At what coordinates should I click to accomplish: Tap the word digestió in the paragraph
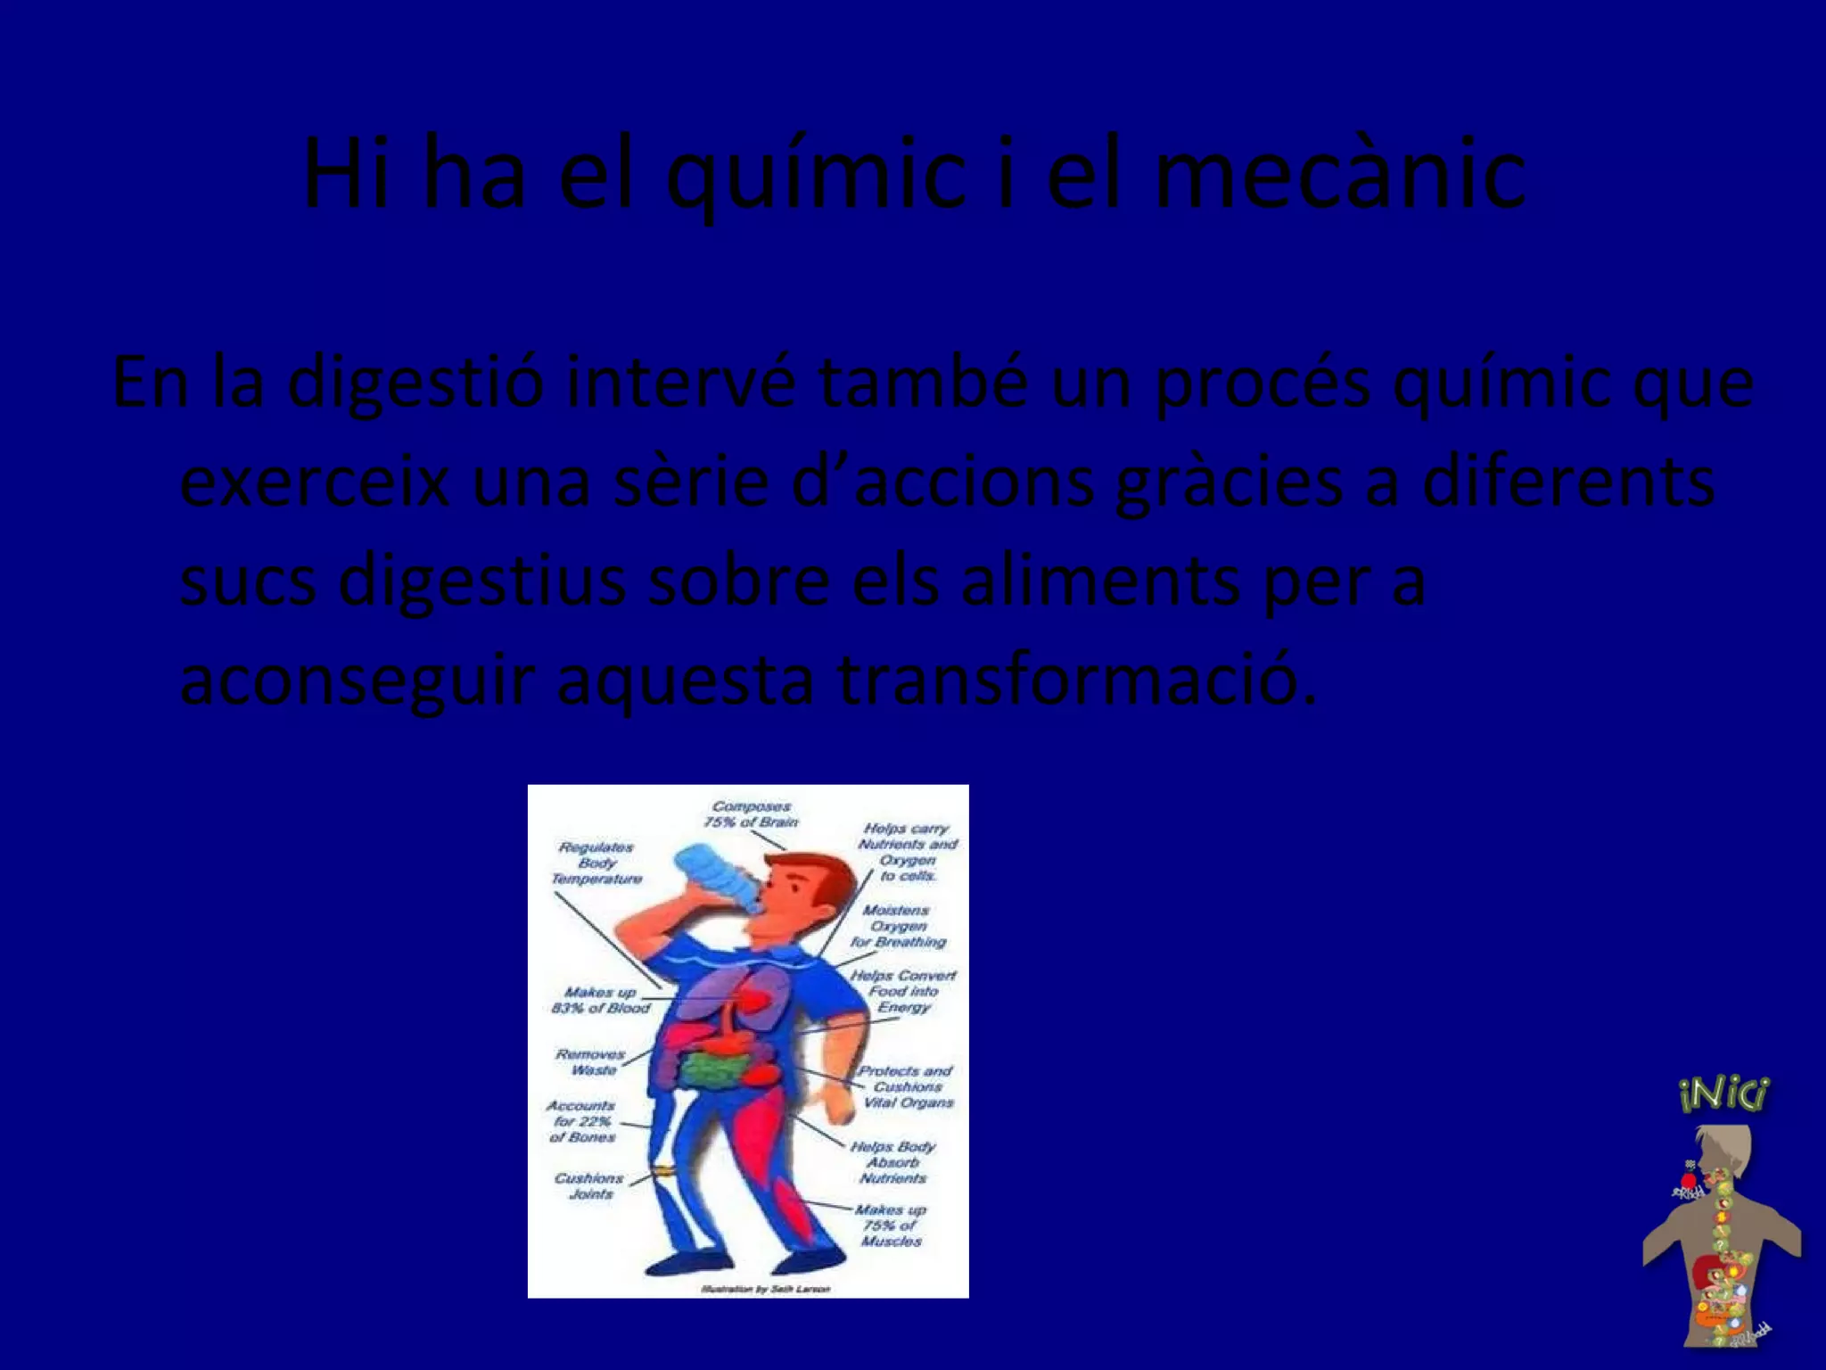tap(415, 382)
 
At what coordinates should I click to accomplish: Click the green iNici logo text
tap(1723, 1094)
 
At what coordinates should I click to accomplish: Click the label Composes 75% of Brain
tap(751, 814)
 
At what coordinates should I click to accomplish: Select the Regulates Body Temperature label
tap(596, 862)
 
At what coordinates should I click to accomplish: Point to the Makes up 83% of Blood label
tap(601, 1000)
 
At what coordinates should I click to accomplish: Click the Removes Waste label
tap(590, 1061)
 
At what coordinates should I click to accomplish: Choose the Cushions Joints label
tap(588, 1185)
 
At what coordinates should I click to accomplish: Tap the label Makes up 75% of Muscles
tap(890, 1225)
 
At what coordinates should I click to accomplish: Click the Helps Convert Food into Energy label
tap(902, 991)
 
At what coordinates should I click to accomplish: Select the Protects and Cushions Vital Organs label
tap(906, 1086)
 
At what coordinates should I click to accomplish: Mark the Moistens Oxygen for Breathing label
tap(897, 926)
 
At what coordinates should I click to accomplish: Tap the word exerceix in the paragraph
tap(315, 482)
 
